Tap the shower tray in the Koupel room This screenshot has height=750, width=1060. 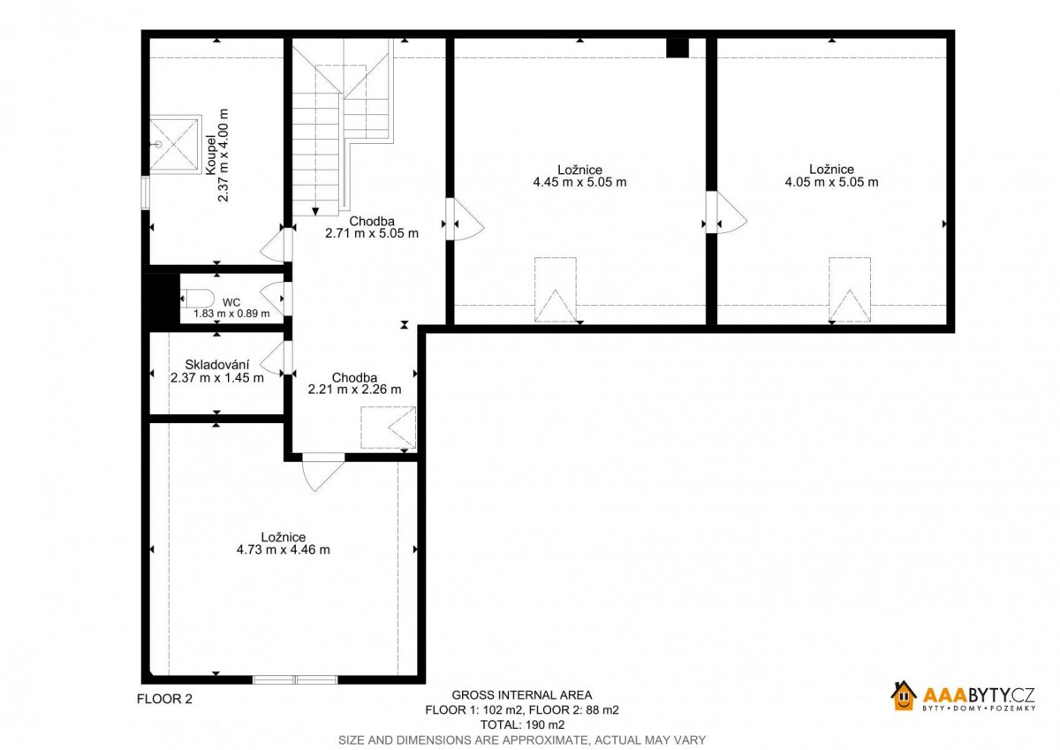pos(174,144)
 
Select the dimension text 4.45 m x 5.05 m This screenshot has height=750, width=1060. pos(579,182)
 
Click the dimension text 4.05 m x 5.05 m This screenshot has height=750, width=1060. pos(831,182)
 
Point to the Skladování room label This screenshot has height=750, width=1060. pos(216,365)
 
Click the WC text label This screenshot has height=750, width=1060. pos(231,302)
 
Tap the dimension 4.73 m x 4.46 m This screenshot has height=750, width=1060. pos(283,549)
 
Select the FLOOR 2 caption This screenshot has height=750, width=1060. pos(164,699)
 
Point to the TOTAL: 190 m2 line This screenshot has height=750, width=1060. pos(522,724)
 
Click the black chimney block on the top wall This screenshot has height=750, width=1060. pos(678,49)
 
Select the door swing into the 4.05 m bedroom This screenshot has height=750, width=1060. pos(731,212)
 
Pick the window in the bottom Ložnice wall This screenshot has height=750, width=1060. pos(295,680)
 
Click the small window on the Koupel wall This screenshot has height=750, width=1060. pos(146,193)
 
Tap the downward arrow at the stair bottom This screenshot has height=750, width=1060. pos(315,211)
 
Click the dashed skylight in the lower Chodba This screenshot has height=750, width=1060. pos(388,428)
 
